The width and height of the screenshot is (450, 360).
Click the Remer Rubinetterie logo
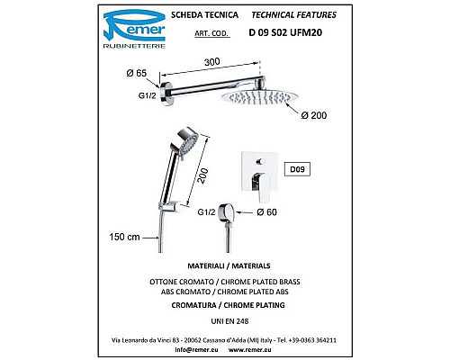click(x=134, y=29)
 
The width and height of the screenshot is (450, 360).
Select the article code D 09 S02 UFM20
click(x=285, y=32)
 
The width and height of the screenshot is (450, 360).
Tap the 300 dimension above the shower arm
click(x=212, y=62)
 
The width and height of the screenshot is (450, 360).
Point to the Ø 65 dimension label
click(x=137, y=73)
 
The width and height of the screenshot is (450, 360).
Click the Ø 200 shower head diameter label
click(x=314, y=115)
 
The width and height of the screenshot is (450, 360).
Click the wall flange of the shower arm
click(x=166, y=94)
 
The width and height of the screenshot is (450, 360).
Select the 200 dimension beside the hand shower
click(x=203, y=176)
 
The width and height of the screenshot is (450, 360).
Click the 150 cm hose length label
click(x=124, y=237)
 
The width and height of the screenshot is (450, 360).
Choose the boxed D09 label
click(x=297, y=169)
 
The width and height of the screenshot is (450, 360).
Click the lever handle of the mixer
click(x=260, y=185)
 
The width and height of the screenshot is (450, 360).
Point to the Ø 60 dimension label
click(x=266, y=212)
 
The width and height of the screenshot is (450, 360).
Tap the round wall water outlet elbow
click(x=227, y=212)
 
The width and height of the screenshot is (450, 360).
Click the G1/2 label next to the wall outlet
click(x=206, y=212)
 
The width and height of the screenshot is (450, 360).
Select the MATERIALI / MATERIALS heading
click(x=229, y=265)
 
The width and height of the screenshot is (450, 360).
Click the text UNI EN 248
click(x=229, y=321)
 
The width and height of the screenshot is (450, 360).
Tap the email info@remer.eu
click(x=196, y=349)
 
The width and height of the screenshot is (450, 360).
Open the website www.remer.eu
click(x=250, y=349)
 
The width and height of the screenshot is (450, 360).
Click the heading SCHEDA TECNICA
click(x=204, y=15)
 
